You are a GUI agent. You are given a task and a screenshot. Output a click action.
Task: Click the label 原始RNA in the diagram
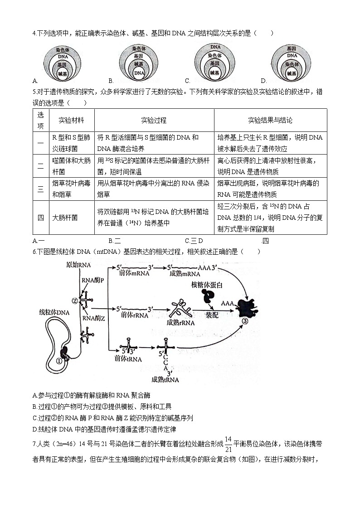click(x=78, y=265)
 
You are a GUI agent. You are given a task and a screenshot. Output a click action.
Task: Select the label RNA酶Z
click(x=94, y=318)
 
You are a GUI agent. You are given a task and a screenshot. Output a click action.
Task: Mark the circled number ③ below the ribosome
click(x=244, y=321)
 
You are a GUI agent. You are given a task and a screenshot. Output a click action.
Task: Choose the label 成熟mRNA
click(x=184, y=274)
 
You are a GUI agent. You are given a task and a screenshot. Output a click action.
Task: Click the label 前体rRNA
click(x=132, y=315)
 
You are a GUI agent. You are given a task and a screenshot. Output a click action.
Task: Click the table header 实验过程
click(x=154, y=121)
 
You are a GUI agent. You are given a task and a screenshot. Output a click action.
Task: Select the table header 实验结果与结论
click(x=270, y=121)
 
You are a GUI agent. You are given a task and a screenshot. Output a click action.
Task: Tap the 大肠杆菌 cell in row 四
click(x=65, y=218)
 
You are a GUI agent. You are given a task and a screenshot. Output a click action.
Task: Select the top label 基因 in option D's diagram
click(x=292, y=48)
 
